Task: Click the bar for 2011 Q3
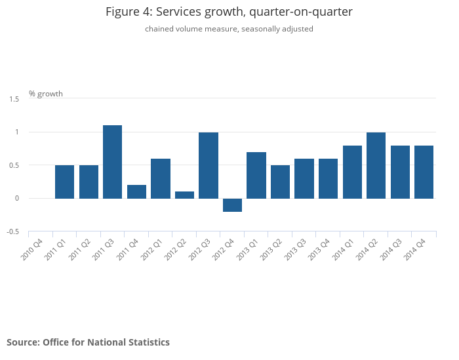coord(112,161)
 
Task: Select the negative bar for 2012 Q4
coord(232,205)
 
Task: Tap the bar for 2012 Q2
coord(184,195)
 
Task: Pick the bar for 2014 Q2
coord(376,165)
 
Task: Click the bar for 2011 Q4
coord(136,191)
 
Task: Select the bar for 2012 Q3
coord(209,165)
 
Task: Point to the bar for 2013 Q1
coord(256,175)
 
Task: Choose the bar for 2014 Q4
coord(424,172)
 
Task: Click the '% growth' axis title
coord(46,94)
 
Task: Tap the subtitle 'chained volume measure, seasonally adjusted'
coord(229,29)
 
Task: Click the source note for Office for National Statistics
coord(88,342)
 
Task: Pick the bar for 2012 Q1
coord(161,178)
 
